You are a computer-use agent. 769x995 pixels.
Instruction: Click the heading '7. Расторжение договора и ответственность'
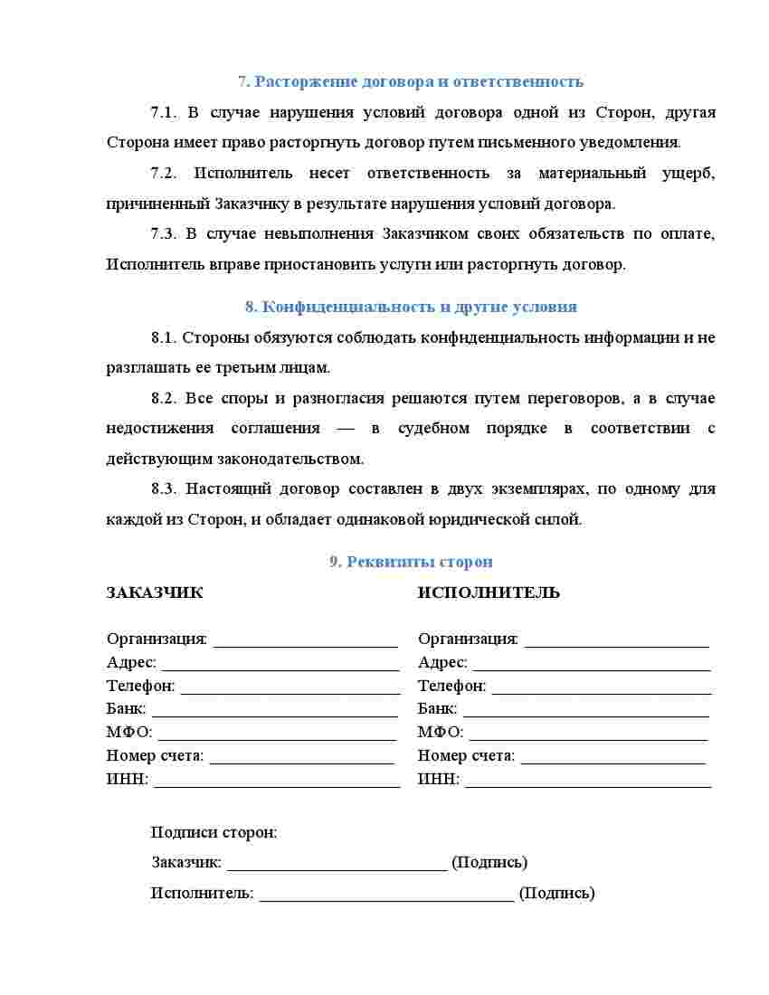coord(411,81)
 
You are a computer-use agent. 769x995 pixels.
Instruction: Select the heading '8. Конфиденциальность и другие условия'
coord(411,307)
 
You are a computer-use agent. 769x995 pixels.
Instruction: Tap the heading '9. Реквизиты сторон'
coord(411,562)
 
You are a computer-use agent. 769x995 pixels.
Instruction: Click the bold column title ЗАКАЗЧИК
coord(155,593)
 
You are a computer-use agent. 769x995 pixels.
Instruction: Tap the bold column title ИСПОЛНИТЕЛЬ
coord(489,593)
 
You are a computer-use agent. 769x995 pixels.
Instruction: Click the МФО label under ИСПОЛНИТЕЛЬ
coord(441,732)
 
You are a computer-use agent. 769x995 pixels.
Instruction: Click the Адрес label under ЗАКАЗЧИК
coord(131,663)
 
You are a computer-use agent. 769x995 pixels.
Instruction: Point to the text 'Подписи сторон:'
coord(214,832)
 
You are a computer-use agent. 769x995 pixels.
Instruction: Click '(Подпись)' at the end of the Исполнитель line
coord(556,894)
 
